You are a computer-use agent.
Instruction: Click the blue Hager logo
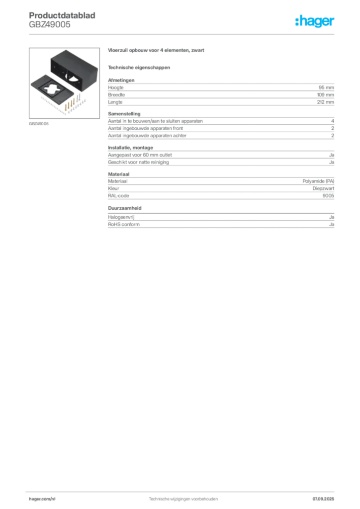coord(316,22)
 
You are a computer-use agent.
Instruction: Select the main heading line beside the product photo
coord(157,52)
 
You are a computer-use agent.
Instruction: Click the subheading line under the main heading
coord(140,67)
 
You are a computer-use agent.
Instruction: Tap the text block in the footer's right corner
coord(326,496)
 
